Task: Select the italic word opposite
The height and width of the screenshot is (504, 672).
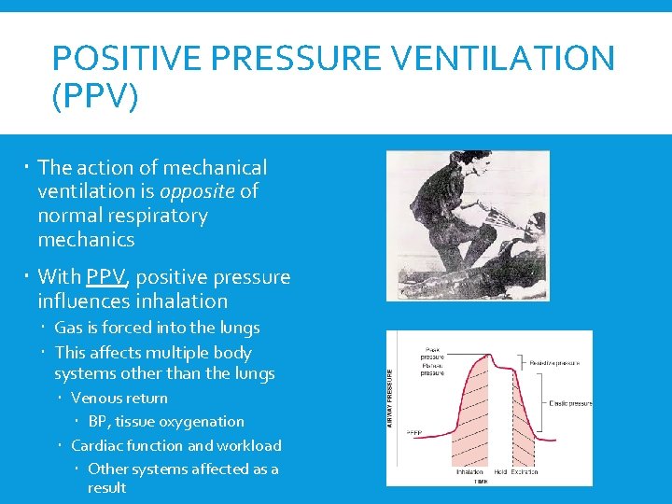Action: tap(198, 191)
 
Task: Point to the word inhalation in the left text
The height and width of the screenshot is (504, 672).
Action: tap(181, 301)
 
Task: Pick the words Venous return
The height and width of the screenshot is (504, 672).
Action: tap(119, 399)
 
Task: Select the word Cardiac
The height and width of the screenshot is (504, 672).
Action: tap(98, 446)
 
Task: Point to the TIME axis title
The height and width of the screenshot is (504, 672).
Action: tap(478, 482)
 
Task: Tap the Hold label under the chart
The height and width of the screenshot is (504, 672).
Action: tap(501, 472)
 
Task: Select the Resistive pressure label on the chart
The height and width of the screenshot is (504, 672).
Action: tap(554, 363)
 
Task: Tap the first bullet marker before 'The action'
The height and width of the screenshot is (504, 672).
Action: tap(30, 168)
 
